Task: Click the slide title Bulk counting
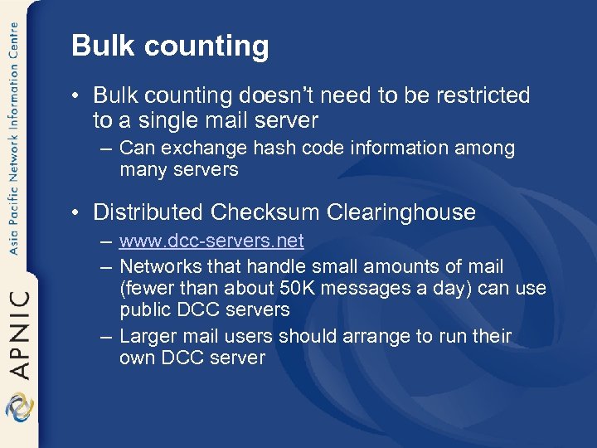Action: [170, 46]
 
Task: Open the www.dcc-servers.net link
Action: [211, 241]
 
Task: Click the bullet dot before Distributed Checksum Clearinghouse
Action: [77, 212]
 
